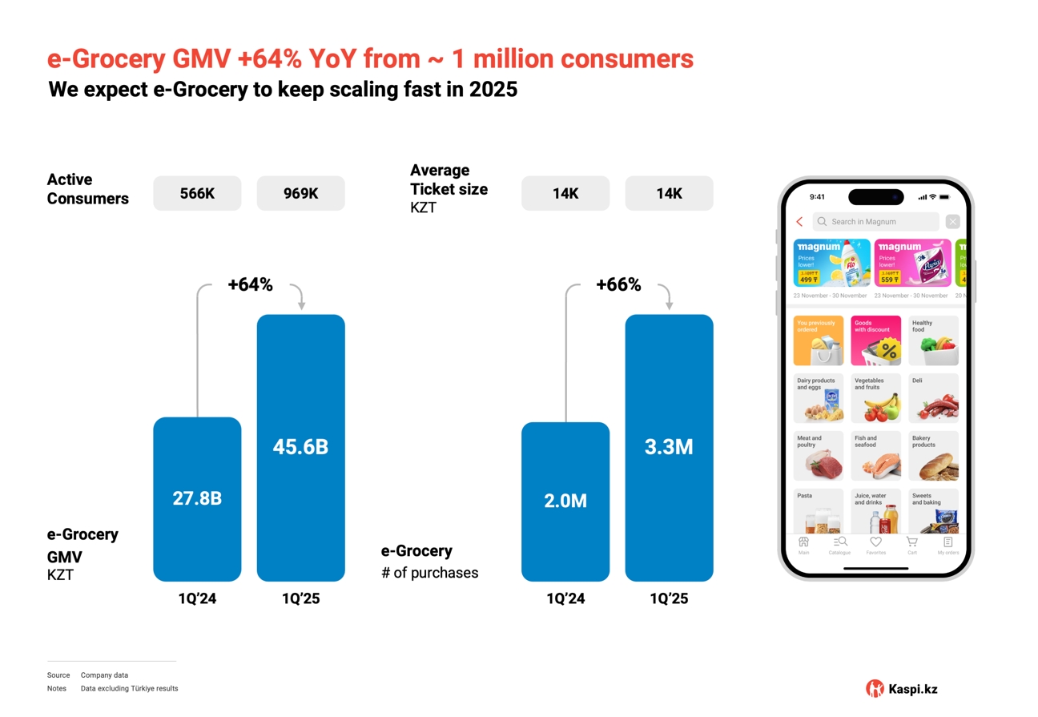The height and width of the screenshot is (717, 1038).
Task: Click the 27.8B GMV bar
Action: point(197,498)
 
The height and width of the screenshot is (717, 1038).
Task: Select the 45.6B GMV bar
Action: point(300,447)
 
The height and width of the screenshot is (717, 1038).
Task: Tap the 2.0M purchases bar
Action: point(565,501)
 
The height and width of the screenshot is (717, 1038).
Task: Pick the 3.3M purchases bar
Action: point(669,447)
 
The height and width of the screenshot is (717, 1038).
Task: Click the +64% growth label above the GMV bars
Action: point(250,284)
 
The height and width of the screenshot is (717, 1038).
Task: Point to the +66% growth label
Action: point(618,284)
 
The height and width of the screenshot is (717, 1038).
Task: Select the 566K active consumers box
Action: point(197,193)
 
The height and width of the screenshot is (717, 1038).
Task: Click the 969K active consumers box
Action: point(300,193)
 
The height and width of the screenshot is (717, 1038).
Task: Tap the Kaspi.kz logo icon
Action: point(875,688)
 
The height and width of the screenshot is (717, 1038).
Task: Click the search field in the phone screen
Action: point(875,222)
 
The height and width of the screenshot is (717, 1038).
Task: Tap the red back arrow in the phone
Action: point(799,222)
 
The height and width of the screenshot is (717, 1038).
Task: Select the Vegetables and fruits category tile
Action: point(875,398)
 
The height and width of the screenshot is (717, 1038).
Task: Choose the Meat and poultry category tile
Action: point(818,456)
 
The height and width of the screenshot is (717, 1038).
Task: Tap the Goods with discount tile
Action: point(875,340)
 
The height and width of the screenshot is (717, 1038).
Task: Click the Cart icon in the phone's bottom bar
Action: point(911,544)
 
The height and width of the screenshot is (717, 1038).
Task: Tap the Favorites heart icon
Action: point(875,543)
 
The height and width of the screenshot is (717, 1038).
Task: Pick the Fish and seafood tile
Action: point(875,456)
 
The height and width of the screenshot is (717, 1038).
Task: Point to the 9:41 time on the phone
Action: point(817,197)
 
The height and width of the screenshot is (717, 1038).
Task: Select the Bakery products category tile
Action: point(933,456)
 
